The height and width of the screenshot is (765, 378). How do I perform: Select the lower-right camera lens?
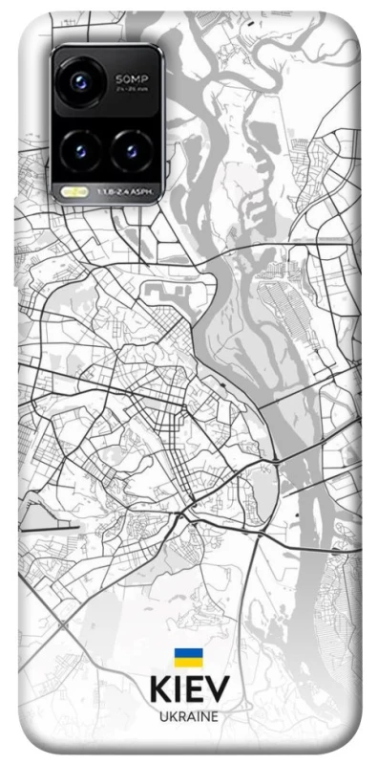(x=130, y=148)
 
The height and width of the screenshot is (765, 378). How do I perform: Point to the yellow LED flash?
(x=70, y=191)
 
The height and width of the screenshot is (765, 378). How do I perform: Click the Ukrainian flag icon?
(x=188, y=657)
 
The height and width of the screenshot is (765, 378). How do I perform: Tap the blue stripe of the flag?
(x=188, y=653)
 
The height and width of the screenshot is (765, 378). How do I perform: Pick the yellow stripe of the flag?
(x=188, y=661)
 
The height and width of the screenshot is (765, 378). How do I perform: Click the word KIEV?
(x=189, y=690)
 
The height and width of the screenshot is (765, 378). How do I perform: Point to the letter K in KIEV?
(x=158, y=690)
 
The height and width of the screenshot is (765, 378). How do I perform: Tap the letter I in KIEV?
(x=178, y=690)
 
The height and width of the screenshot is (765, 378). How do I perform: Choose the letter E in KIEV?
(x=195, y=690)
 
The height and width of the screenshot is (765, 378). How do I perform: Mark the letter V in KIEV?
(x=218, y=690)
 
